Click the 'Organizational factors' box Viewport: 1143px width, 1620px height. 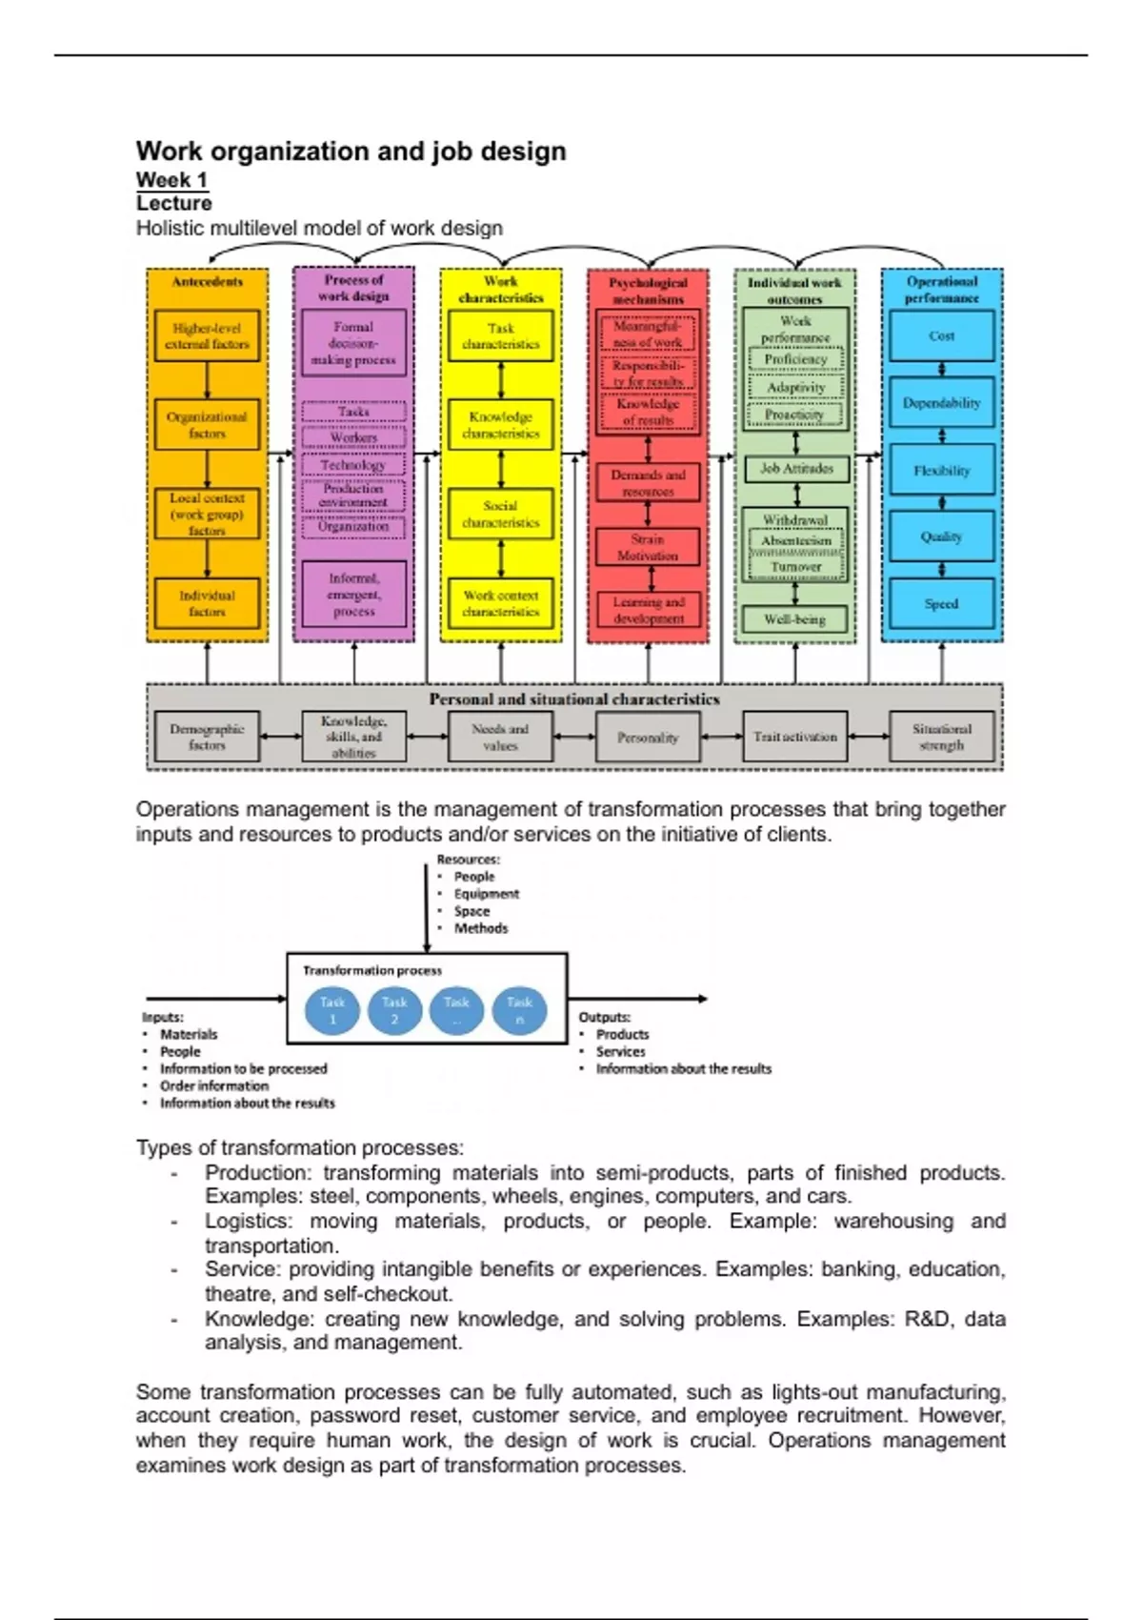click(207, 425)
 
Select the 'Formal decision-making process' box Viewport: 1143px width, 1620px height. click(353, 343)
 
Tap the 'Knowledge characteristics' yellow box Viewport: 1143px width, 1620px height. click(501, 425)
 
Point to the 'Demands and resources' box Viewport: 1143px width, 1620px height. click(648, 483)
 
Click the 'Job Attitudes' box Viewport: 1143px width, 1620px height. click(796, 469)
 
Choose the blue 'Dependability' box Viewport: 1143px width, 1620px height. click(941, 403)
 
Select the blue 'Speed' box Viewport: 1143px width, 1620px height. click(941, 603)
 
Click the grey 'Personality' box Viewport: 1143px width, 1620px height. click(648, 738)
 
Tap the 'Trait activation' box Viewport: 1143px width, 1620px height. click(794, 737)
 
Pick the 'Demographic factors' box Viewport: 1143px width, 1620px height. click(207, 737)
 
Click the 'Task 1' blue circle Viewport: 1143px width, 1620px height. click(332, 1010)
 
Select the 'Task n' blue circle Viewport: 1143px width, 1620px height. click(519, 1010)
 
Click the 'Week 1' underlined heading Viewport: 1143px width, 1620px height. click(171, 180)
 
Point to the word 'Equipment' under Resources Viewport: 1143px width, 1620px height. click(486, 894)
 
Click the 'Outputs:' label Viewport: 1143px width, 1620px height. click(604, 1018)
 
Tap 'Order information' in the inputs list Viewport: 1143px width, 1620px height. click(213, 1086)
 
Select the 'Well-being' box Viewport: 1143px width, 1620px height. click(794, 619)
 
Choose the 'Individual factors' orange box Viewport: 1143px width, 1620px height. click(207, 603)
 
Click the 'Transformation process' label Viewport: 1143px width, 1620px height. click(372, 971)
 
